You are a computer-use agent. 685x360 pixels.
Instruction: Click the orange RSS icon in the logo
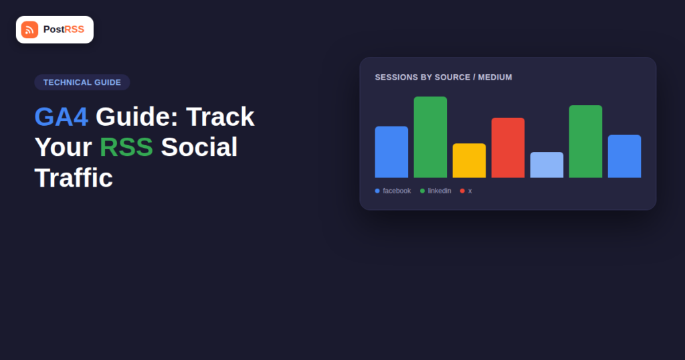point(29,29)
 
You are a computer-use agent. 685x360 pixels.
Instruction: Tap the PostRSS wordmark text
point(64,29)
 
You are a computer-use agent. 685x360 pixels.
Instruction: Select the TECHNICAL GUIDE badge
point(82,82)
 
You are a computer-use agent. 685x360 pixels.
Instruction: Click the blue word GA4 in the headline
point(61,116)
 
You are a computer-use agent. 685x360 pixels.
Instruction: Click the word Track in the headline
point(220,116)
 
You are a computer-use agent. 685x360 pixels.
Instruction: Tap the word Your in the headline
point(64,147)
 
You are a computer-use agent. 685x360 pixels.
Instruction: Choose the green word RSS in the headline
point(126,147)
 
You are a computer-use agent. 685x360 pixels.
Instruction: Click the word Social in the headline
point(199,147)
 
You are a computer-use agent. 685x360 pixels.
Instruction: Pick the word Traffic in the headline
point(74,178)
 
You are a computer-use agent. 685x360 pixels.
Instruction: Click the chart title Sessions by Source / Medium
point(444,78)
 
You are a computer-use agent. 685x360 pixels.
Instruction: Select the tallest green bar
point(430,137)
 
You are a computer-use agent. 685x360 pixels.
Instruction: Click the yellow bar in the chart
point(469,161)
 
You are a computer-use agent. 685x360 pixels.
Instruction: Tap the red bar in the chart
point(508,148)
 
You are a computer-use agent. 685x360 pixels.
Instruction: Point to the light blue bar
point(547,165)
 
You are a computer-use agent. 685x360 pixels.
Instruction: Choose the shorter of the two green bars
point(586,142)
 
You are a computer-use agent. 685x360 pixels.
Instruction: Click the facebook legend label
point(397,191)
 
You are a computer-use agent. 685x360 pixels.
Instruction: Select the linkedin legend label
point(439,191)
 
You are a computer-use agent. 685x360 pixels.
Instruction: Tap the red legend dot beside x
point(462,191)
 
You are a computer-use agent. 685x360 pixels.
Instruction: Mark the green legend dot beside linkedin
point(423,191)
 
